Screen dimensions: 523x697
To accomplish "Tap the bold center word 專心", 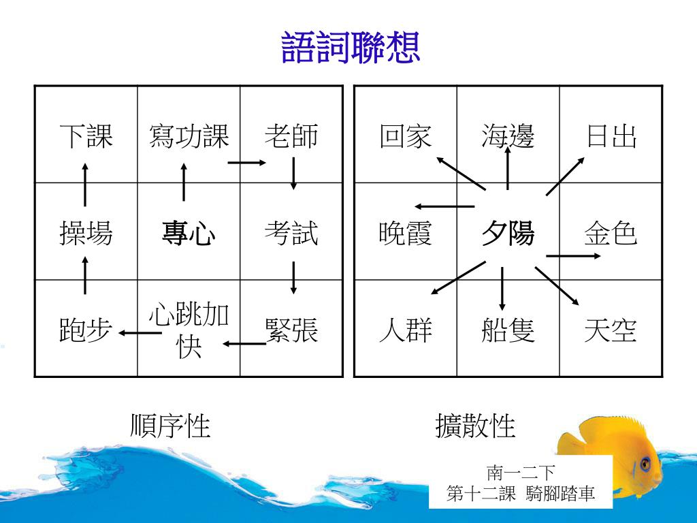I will pos(189,234).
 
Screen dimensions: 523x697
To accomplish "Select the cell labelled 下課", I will pos(86,136).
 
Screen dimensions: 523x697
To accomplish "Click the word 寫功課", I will pos(189,136).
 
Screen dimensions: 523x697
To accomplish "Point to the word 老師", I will pos(291,136).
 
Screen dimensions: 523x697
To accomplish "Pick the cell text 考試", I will pos(291,234).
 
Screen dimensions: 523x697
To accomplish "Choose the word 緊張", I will pos(291,331).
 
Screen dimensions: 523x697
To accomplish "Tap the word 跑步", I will pos(86,331).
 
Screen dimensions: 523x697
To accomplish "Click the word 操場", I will pos(86,234).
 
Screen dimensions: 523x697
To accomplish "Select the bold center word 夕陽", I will pos(508,234).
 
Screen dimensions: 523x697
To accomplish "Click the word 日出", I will pos(611,136).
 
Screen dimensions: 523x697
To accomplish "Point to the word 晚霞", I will pos(406,234).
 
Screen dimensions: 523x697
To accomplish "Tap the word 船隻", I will pos(508,331).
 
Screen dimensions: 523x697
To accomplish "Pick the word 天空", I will pos(611,331).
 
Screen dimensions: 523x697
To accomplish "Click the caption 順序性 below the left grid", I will pos(170,426).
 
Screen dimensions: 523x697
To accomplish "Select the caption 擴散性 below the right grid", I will pos(475,426).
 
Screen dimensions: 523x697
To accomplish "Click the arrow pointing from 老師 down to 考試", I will pos(293,174).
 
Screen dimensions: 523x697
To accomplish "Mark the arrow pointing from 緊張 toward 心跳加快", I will pos(244,343).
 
